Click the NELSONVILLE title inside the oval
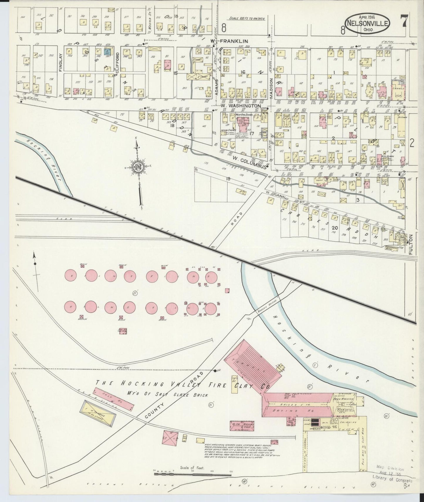tap(368, 23)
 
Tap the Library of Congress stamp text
tap(392, 481)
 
